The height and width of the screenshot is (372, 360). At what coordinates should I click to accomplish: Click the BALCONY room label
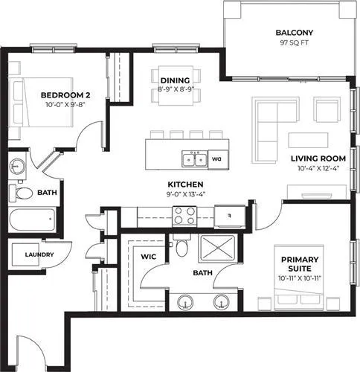(x=295, y=33)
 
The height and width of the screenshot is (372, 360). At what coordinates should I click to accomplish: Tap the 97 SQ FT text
(x=295, y=42)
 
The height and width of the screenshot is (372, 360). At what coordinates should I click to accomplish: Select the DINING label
(x=176, y=80)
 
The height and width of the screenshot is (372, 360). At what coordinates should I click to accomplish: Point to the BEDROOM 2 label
(x=65, y=95)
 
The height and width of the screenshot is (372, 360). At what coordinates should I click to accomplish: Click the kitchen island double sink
(x=195, y=159)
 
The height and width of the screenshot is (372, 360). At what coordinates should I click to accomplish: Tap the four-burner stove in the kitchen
(x=184, y=216)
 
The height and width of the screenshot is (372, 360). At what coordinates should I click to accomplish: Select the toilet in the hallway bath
(x=21, y=193)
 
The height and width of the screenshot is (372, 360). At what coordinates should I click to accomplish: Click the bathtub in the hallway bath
(x=32, y=219)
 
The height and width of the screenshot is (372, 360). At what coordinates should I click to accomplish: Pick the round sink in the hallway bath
(x=17, y=166)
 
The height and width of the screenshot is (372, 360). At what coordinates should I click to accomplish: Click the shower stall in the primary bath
(x=218, y=248)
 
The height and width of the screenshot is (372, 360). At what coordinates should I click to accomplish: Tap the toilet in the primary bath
(x=181, y=246)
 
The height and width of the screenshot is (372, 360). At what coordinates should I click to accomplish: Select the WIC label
(x=149, y=257)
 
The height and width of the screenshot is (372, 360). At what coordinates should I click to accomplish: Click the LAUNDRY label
(x=39, y=254)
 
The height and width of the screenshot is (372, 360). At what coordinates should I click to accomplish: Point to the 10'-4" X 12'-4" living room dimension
(x=318, y=169)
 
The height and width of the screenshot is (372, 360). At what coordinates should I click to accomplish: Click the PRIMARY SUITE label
(x=300, y=264)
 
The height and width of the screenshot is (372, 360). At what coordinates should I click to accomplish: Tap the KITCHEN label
(x=185, y=185)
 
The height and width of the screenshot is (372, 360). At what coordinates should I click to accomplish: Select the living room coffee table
(x=308, y=140)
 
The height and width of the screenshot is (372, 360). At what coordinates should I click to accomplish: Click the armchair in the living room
(x=327, y=109)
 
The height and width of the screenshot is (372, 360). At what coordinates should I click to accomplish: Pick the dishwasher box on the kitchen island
(x=218, y=159)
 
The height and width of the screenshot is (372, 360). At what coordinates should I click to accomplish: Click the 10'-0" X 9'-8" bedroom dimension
(x=65, y=105)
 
